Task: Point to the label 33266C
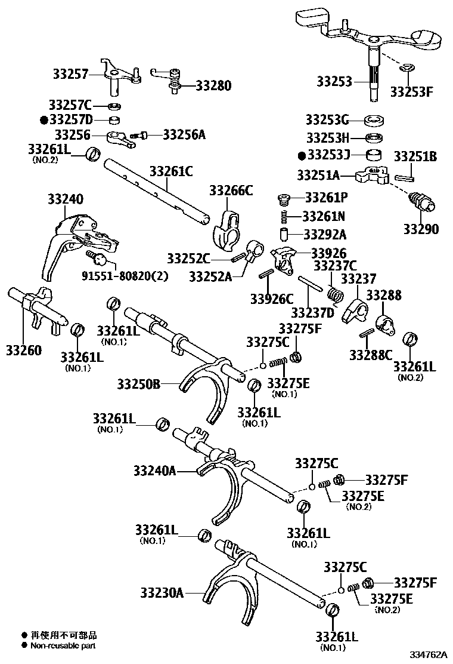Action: (x=231, y=190)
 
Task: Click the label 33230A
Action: (x=162, y=593)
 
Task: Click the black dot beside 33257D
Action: (x=44, y=120)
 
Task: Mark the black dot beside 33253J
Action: (x=302, y=155)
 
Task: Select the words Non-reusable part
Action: (x=63, y=645)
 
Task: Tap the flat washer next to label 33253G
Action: (x=373, y=119)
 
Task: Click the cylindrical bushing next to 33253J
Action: (x=374, y=156)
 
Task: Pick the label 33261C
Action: (x=171, y=171)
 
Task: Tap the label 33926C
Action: (x=272, y=298)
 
